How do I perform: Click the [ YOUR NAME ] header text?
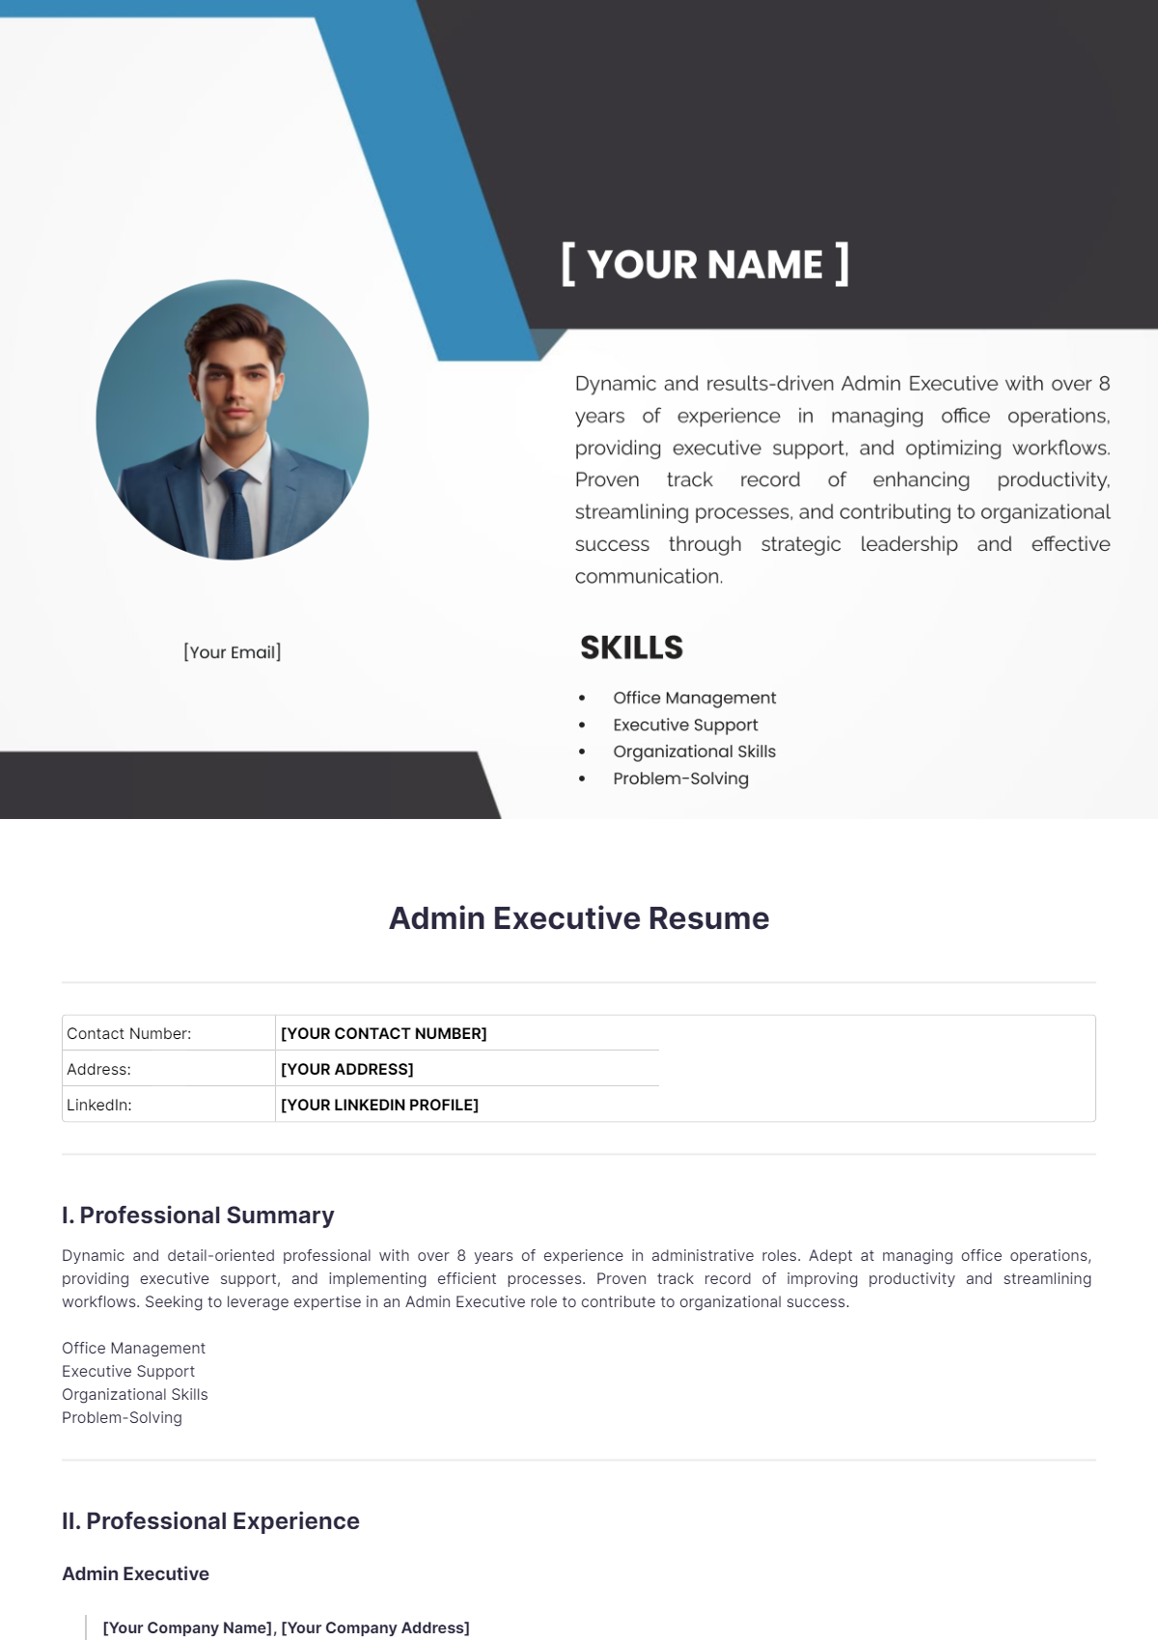coord(705,264)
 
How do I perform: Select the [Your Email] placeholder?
coord(233,652)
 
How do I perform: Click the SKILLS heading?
coord(631,647)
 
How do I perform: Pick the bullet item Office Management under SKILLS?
coord(694,697)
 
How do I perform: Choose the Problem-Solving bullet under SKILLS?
coord(680,779)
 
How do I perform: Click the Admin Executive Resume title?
coord(579,918)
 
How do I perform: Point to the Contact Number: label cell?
coord(129,1033)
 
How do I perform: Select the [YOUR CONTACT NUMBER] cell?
coord(384,1033)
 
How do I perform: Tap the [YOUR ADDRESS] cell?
coord(347,1069)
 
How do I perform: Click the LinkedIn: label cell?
coord(99,1105)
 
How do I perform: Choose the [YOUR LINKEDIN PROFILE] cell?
coord(380,1105)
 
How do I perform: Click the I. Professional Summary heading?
coord(198,1215)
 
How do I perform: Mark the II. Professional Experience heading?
coord(210,1520)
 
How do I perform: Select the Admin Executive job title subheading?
coord(135,1573)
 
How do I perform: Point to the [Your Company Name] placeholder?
coord(187,1627)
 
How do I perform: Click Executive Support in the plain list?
coord(128,1371)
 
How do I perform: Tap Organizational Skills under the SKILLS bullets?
coord(694,752)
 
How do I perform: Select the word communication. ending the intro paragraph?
coord(648,576)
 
